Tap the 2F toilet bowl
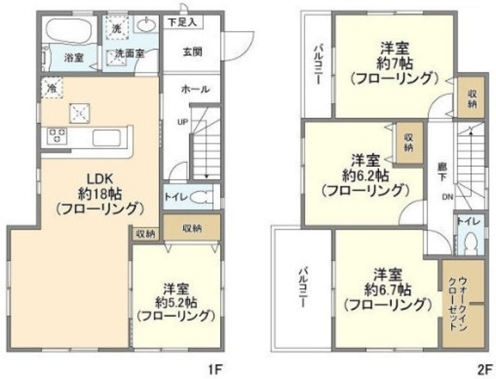click(x=469, y=243)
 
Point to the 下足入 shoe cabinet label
click(x=183, y=23)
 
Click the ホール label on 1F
click(x=195, y=89)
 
